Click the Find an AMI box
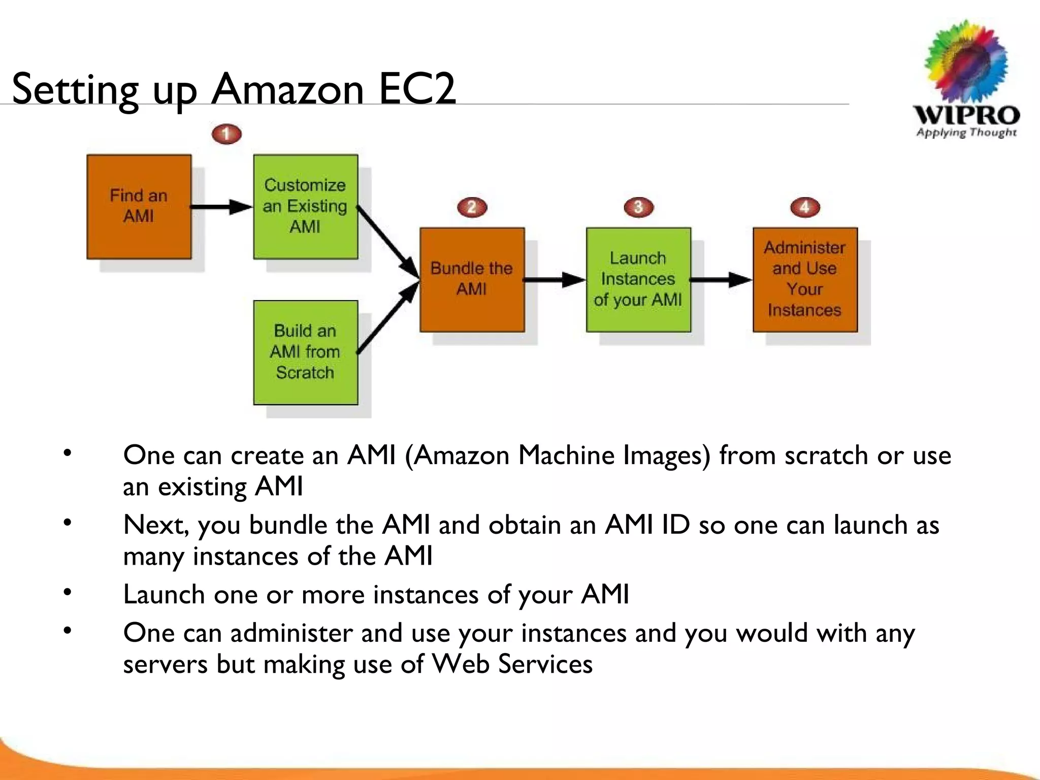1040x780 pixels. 139,207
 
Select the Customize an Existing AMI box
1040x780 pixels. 305,207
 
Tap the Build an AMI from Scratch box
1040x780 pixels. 305,352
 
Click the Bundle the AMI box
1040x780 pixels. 472,279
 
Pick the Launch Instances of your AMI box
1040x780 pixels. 638,279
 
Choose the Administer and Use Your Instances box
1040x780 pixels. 805,279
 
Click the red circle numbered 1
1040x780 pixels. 226,134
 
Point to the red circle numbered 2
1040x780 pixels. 472,207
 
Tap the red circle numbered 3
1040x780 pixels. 638,207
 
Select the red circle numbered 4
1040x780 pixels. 805,207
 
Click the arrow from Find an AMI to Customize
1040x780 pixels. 221,207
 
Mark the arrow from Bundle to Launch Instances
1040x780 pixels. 555,279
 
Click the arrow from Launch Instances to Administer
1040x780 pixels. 721,279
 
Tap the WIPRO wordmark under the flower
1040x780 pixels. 966,115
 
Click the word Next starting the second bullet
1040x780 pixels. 155,525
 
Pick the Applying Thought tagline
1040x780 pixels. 966,133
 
